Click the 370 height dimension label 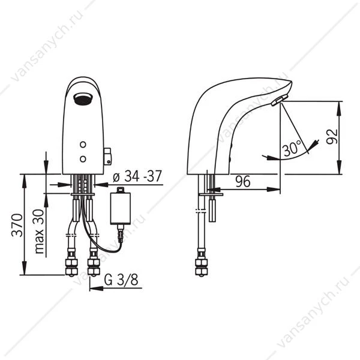(17, 225)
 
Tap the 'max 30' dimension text (39, 232)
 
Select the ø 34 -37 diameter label (137, 176)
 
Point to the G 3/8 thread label (121, 280)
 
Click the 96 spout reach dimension (243, 181)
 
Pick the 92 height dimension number (332, 137)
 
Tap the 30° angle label (292, 148)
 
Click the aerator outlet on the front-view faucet (82, 99)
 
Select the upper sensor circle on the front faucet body (83, 145)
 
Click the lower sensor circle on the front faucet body (83, 159)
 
